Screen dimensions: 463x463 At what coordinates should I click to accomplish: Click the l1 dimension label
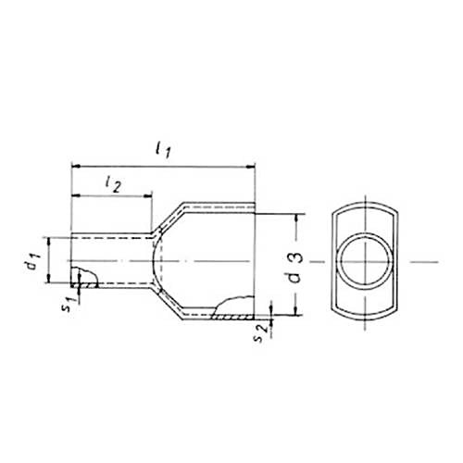click(163, 150)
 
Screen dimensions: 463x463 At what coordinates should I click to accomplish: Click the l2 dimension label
click(113, 185)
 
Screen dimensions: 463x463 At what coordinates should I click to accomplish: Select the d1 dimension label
click(32, 260)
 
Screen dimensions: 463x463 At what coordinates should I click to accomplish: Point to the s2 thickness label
click(260, 333)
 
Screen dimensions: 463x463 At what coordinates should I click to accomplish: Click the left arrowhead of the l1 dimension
click(76, 167)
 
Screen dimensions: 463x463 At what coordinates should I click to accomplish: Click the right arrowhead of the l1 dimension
click(250, 167)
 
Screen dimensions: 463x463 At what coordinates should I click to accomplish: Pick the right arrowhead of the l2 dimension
click(148, 195)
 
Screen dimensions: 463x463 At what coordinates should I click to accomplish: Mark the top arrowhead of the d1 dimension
click(49, 242)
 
